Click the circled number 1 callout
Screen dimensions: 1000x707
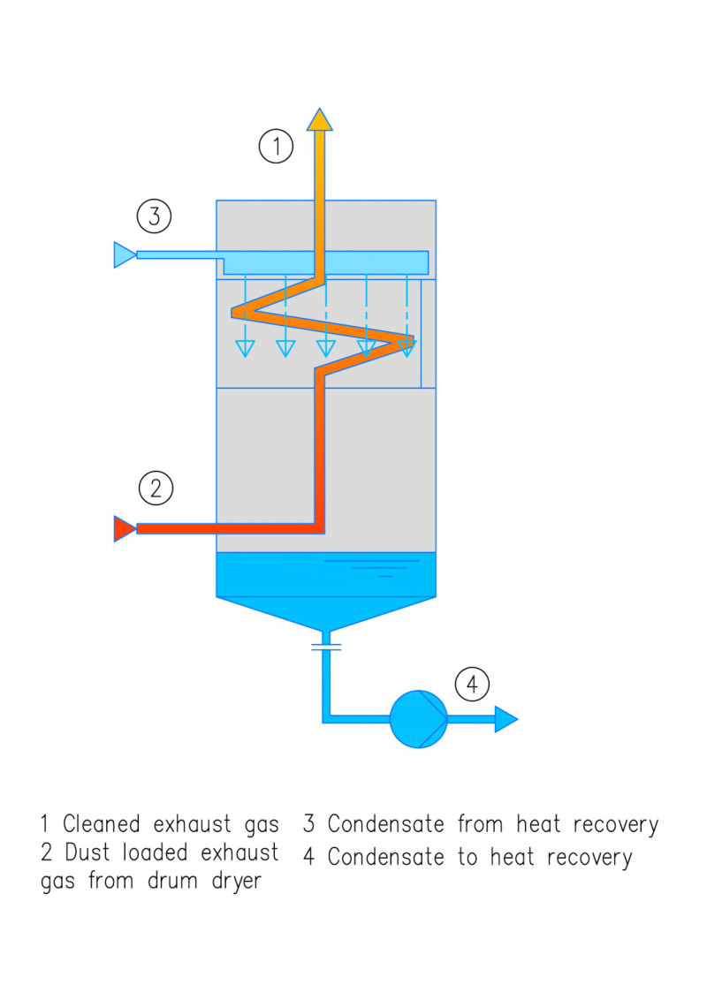276,146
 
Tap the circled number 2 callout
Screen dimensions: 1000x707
156,489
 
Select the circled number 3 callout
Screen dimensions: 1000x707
154,216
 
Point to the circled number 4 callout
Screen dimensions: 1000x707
472,684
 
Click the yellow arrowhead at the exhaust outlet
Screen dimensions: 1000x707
319,119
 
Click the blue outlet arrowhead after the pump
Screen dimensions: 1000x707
505,719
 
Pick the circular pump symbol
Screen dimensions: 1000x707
419,719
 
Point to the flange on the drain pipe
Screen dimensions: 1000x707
326,648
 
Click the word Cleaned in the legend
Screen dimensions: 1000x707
101,825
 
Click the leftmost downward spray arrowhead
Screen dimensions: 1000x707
245,348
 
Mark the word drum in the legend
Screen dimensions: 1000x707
165,883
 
